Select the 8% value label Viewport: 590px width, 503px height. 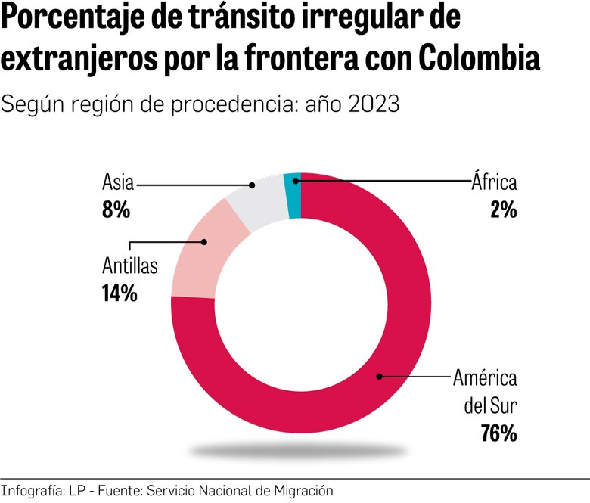116,209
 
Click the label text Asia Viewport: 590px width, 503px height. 118,183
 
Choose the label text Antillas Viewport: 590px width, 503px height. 130,266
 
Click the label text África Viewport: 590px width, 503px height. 493,182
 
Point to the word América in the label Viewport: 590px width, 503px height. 484,378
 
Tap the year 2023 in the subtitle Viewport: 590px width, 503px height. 374,104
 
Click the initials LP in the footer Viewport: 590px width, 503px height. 78,490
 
